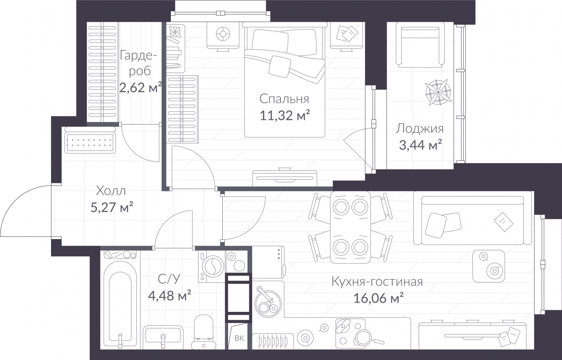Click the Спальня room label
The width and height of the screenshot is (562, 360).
click(x=284, y=99)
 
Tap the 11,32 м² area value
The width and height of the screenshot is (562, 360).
click(x=285, y=115)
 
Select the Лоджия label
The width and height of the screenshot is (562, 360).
click(x=420, y=129)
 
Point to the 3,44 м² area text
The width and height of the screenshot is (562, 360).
click(x=420, y=145)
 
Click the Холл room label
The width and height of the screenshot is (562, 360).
click(x=111, y=191)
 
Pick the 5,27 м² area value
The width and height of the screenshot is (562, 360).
click(x=112, y=207)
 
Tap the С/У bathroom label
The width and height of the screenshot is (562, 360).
click(x=169, y=279)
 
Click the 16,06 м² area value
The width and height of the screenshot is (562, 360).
click(x=378, y=298)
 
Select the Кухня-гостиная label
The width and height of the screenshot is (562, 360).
click(x=377, y=282)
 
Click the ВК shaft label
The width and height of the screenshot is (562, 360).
click(x=239, y=339)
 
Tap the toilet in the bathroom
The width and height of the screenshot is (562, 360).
click(x=204, y=332)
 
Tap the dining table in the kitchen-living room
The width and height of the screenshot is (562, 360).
click(x=350, y=227)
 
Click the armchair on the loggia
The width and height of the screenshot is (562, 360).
click(x=420, y=45)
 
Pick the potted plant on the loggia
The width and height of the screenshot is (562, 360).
click(x=438, y=92)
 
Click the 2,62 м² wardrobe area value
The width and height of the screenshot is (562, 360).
click(x=140, y=88)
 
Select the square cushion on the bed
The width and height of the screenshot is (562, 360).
click(x=280, y=66)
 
